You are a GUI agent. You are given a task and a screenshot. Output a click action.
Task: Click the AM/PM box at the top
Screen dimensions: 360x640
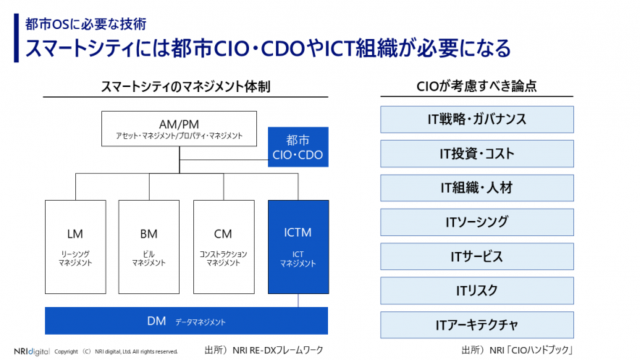click(179, 129)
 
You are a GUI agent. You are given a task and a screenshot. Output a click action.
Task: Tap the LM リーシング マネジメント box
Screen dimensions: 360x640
click(75, 246)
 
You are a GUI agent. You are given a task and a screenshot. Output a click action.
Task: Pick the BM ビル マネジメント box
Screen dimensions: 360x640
click(148, 246)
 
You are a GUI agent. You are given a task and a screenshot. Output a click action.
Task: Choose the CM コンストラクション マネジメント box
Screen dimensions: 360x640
click(223, 246)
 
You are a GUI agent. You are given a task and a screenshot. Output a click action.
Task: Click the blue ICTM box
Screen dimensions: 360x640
click(298, 246)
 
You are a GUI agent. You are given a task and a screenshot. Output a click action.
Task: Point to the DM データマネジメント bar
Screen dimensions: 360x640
click(187, 321)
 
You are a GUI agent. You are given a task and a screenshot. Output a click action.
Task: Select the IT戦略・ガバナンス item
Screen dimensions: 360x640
click(476, 120)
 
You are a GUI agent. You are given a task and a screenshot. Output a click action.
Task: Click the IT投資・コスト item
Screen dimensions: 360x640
click(476, 154)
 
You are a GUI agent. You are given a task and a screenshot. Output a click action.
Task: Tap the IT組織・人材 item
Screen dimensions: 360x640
click(476, 188)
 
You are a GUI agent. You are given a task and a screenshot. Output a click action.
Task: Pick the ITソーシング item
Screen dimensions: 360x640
click(476, 222)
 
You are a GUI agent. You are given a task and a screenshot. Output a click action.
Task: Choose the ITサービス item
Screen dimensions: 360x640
click(476, 256)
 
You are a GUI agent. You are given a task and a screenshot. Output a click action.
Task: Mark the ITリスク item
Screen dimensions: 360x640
click(476, 290)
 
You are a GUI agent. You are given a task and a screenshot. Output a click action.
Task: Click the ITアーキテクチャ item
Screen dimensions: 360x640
click(476, 325)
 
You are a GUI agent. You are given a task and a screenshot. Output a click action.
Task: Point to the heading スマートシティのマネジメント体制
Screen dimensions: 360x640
click(186, 86)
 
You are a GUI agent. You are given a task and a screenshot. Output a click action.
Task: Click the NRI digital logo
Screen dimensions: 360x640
click(32, 351)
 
